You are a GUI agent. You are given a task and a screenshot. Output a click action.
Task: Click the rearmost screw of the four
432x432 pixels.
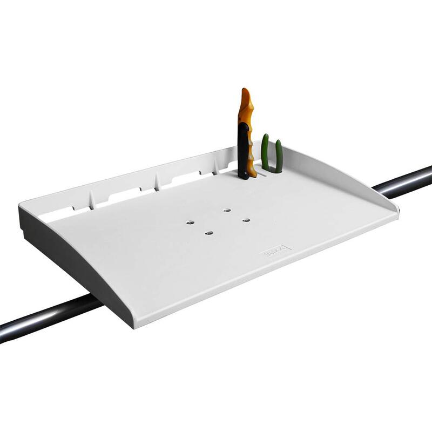click(x=227, y=210)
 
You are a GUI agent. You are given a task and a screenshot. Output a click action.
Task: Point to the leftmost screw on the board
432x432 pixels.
click(x=190, y=221)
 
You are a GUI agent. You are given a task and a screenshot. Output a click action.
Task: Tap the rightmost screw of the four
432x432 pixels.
click(x=245, y=220)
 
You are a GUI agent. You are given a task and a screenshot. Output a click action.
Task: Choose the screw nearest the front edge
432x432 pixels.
click(x=208, y=233)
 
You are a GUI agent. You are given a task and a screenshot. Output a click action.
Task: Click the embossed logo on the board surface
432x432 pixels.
click(x=275, y=250)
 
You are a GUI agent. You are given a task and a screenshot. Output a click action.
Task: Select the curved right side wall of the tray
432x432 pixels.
click(x=351, y=181)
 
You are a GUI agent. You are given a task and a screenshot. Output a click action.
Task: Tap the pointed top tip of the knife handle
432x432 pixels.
click(x=245, y=90)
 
